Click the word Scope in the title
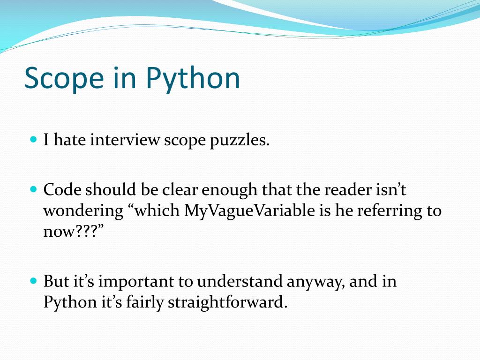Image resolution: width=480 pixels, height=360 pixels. [x=64, y=78]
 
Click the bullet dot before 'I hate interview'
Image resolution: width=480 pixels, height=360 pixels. [x=33, y=140]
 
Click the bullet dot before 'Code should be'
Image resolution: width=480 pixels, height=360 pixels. [x=33, y=190]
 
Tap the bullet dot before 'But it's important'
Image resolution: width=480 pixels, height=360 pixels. [x=33, y=281]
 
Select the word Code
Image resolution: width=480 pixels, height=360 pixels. [x=60, y=190]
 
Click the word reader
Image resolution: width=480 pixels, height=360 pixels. [x=335, y=190]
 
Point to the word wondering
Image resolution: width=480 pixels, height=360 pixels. [x=83, y=211]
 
